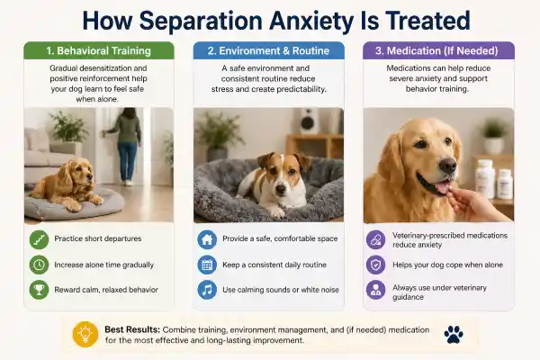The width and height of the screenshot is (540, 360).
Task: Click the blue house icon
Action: point(207,240)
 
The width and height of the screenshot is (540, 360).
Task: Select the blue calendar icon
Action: point(207,265)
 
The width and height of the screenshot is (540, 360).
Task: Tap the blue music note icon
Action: point(207,290)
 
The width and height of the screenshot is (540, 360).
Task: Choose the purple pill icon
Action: point(374,240)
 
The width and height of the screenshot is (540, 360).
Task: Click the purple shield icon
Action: point(374,265)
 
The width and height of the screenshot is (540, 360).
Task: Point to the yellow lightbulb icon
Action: point(85,334)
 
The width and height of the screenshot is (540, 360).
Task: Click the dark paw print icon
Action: point(454,334)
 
